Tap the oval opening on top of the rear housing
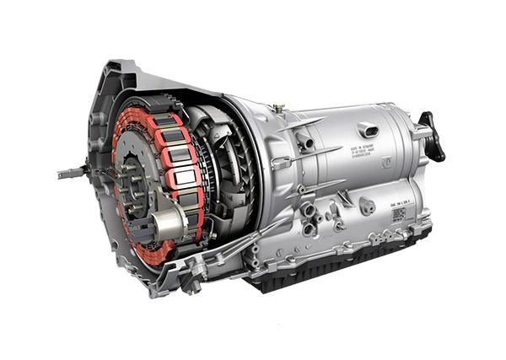coord(368,129)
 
